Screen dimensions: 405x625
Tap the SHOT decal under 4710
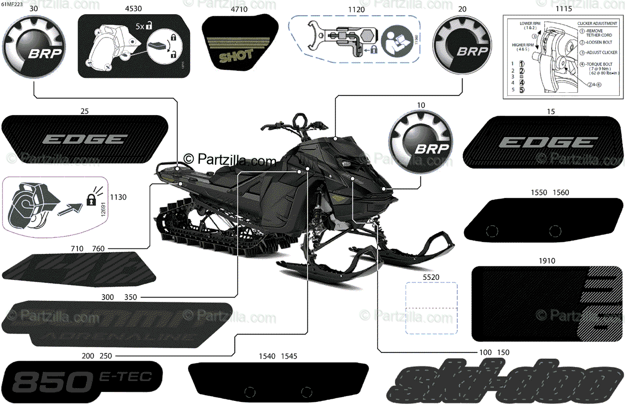coord(238,46)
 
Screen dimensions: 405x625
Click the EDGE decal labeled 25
coord(85,139)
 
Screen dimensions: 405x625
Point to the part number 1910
coord(547,261)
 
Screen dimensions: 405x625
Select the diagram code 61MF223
coord(12,4)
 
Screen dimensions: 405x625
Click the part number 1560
coord(561,192)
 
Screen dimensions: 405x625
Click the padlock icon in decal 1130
coord(91,199)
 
